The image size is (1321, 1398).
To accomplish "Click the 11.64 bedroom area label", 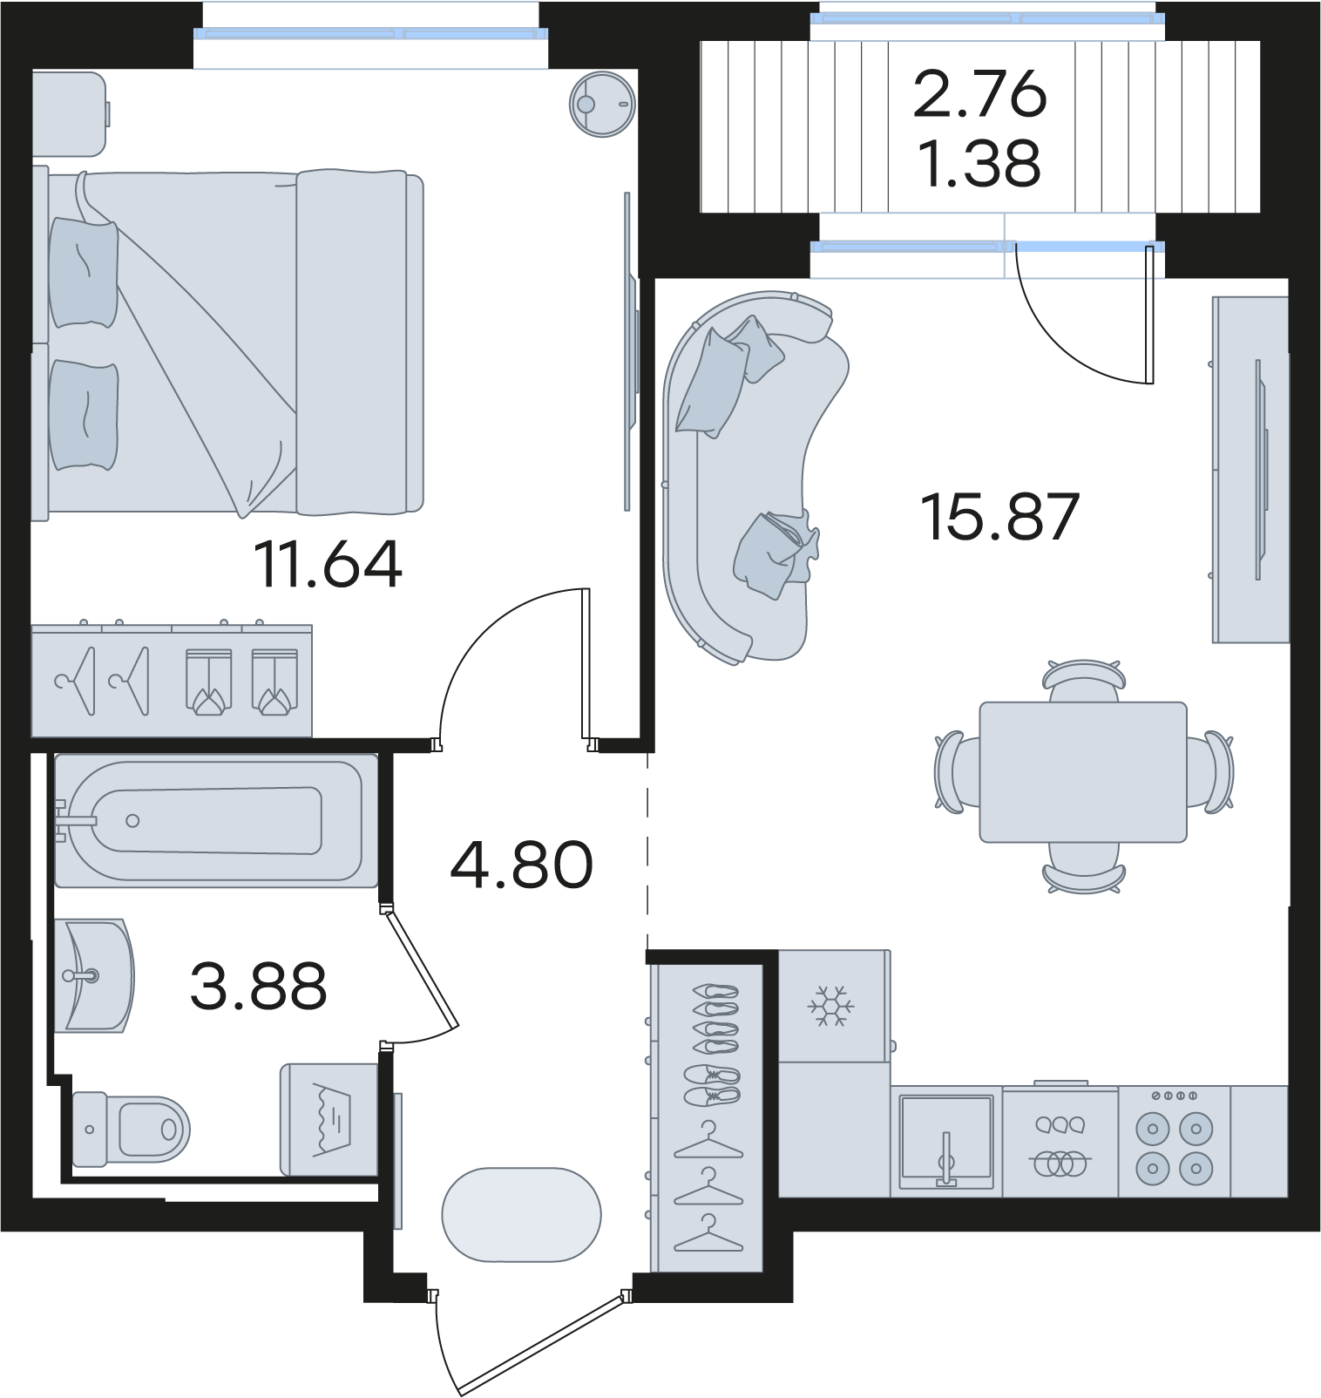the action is (x=328, y=564).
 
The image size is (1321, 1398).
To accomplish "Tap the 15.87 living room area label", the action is (x=1000, y=517).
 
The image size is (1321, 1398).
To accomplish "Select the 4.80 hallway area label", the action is (x=521, y=865).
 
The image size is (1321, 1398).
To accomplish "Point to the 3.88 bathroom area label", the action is (x=258, y=986).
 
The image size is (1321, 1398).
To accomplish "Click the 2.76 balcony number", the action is (x=979, y=93).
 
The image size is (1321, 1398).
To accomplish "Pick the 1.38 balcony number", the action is (x=979, y=163).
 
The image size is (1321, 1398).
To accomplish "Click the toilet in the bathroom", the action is (x=131, y=1129).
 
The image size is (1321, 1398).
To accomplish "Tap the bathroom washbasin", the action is (x=94, y=975).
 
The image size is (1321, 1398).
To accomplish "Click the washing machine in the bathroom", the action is (x=329, y=1119).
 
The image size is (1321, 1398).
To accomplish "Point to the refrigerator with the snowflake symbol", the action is (x=834, y=1006).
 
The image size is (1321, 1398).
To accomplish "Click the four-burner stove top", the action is (x=1174, y=1141).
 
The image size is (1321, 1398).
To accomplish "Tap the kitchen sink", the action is (x=946, y=1141).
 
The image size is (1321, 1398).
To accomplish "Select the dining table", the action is (x=1083, y=772).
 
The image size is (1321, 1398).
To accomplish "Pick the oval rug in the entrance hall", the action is (x=521, y=1215).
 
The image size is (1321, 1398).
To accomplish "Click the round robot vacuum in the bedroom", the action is (x=602, y=104).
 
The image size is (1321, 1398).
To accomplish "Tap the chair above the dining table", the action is (x=1084, y=681).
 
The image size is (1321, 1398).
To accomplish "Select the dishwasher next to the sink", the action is (x=1060, y=1141).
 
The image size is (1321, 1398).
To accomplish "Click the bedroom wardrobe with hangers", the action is (x=172, y=681).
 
